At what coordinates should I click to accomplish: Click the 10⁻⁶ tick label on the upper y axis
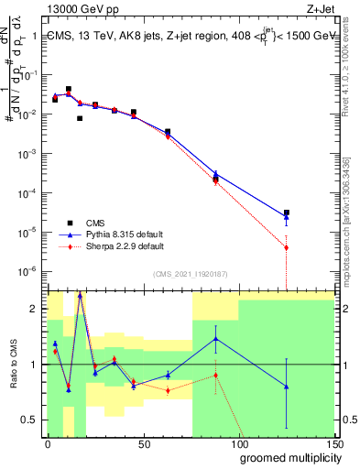pyautogui.click(x=29, y=271)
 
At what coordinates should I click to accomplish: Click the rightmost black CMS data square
pyautogui.click(x=287, y=213)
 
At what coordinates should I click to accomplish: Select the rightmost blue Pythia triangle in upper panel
pyautogui.click(x=287, y=217)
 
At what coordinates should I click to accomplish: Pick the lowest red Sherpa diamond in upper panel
pyautogui.click(x=287, y=247)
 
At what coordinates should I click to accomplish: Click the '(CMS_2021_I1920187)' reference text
pyautogui.click(x=190, y=273)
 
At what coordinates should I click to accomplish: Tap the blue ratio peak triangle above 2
pyautogui.click(x=80, y=295)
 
